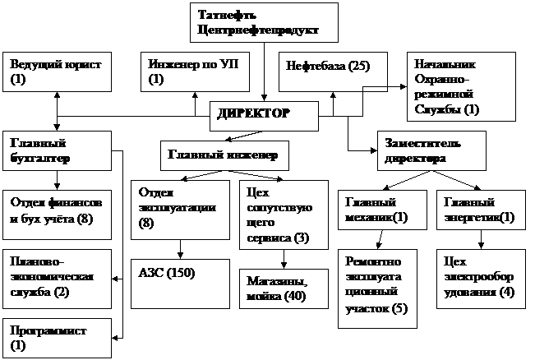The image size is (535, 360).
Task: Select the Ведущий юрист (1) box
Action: tap(58, 72)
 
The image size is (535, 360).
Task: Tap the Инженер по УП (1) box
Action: tap(193, 72)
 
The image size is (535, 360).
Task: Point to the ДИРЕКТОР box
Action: tap(263, 115)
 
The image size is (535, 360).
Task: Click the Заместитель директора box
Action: tap(431, 150)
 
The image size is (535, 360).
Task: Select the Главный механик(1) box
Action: tap(379, 210)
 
